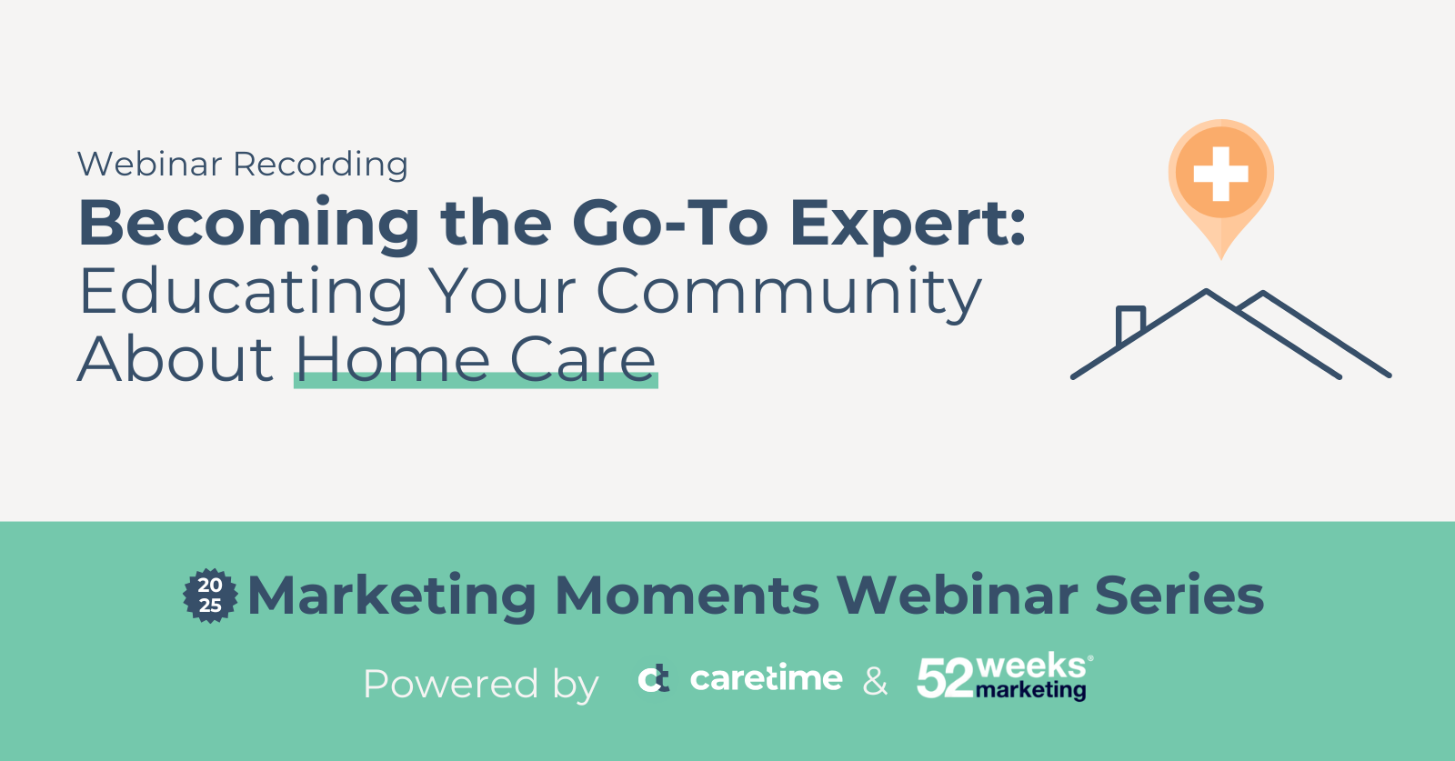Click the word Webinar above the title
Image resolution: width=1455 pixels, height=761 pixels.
click(x=149, y=164)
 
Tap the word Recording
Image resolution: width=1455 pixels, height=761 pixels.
click(x=321, y=165)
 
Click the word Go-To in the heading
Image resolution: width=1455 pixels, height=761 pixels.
click(x=670, y=223)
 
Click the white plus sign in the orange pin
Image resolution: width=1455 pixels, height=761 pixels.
click(x=1221, y=174)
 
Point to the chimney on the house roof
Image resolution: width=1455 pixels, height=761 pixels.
click(x=1130, y=325)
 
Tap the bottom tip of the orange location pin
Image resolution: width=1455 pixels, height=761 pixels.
click(x=1221, y=259)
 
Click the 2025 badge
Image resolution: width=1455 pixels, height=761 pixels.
click(x=210, y=596)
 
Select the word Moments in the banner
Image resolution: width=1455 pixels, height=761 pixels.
click(x=687, y=596)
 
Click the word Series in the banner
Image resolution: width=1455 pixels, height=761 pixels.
click(x=1179, y=596)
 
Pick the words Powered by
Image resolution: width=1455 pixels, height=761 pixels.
click(x=481, y=685)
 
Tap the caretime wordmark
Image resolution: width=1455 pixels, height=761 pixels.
click(x=766, y=678)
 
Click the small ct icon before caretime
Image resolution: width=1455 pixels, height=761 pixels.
click(x=654, y=679)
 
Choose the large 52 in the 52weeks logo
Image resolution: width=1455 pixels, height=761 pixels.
click(x=945, y=678)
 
